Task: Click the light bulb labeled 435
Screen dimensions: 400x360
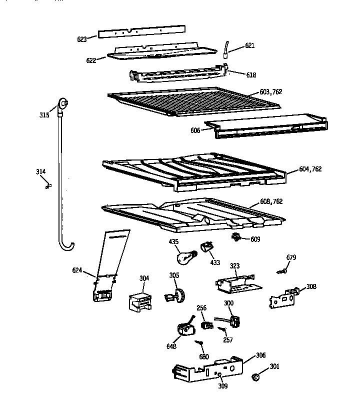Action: [x=183, y=257]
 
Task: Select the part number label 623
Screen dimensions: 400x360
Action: [x=82, y=38]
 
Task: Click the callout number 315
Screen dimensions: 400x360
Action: [x=45, y=115]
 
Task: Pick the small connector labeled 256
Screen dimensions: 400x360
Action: [x=204, y=325]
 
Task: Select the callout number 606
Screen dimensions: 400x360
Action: [x=195, y=130]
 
